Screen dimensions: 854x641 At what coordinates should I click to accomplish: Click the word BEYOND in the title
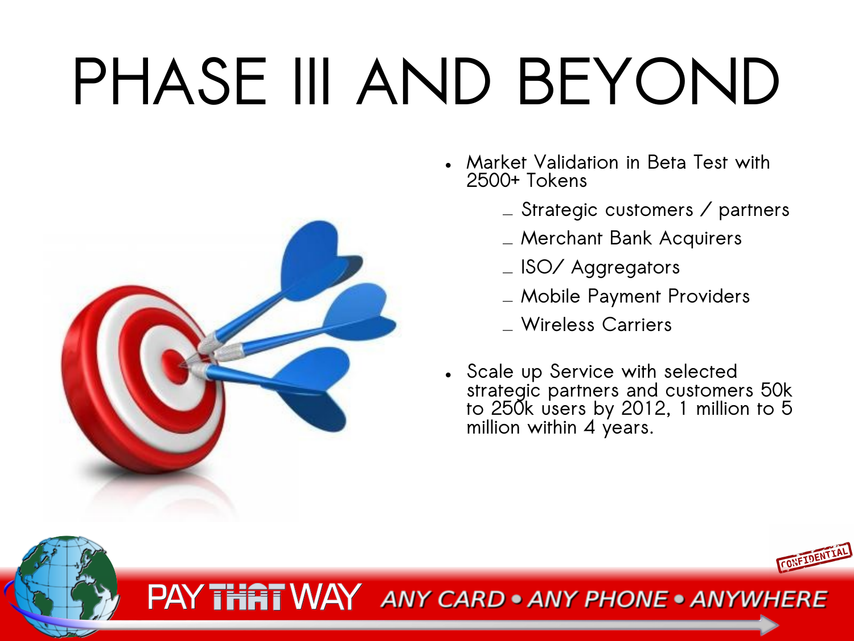649,81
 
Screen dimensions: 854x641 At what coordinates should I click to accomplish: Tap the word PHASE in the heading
170,81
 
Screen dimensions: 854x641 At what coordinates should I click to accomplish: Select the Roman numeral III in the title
312,81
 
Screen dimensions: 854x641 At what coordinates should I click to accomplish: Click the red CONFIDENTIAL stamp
814,557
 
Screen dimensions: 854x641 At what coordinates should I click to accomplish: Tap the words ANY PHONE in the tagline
598,599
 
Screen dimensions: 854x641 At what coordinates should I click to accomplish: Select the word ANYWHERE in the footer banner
759,599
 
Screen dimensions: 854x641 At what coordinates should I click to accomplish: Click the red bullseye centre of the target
174,366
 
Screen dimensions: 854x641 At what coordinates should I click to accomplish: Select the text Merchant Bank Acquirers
631,238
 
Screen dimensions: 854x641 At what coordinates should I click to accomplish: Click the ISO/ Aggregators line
600,267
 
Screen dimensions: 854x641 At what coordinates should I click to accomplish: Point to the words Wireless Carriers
596,325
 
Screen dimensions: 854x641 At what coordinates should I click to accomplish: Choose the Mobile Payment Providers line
635,296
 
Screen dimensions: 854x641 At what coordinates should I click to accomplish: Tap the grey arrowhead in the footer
769,624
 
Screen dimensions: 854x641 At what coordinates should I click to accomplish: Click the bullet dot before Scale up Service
448,375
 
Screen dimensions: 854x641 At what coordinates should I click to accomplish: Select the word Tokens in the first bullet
556,181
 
